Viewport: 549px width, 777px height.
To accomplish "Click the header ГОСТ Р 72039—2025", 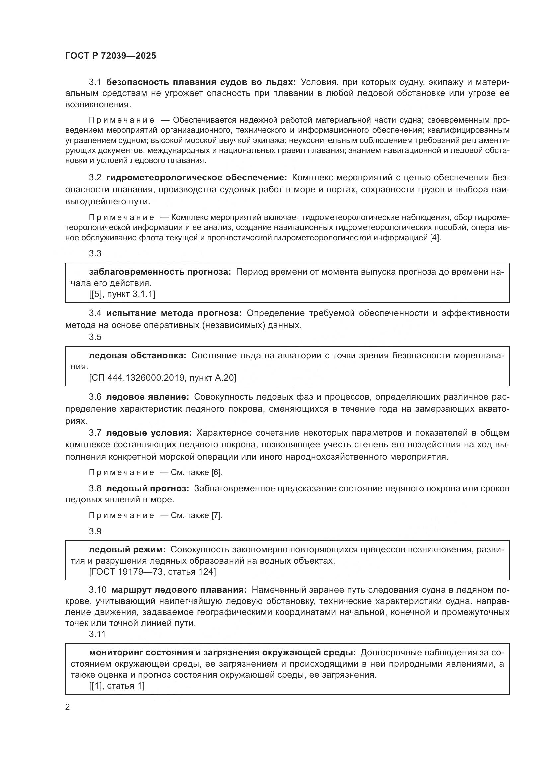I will [111, 56].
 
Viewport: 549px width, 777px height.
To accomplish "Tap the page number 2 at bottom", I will [68, 707].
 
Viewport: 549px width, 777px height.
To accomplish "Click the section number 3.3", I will [95, 253].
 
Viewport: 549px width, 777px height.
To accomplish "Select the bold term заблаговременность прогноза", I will [160, 272].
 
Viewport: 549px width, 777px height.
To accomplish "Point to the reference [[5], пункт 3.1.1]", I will [122, 294].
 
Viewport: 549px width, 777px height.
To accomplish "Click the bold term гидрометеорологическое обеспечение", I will [196, 178].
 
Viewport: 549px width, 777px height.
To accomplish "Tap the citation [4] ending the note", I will [435, 238].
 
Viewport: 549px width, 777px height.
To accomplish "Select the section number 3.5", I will [95, 337].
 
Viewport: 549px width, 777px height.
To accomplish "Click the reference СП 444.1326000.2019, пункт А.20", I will [163, 378].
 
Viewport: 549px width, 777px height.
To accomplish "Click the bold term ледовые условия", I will [149, 433].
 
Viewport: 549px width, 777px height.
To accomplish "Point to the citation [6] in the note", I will [216, 472].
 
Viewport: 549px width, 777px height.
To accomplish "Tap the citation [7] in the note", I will [216, 515].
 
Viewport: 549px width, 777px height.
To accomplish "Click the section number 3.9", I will [95, 531].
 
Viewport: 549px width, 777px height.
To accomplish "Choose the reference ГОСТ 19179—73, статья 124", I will [152, 572].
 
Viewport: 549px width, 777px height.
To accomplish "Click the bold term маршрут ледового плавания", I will [179, 590].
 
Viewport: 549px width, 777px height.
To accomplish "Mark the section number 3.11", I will [97, 634].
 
